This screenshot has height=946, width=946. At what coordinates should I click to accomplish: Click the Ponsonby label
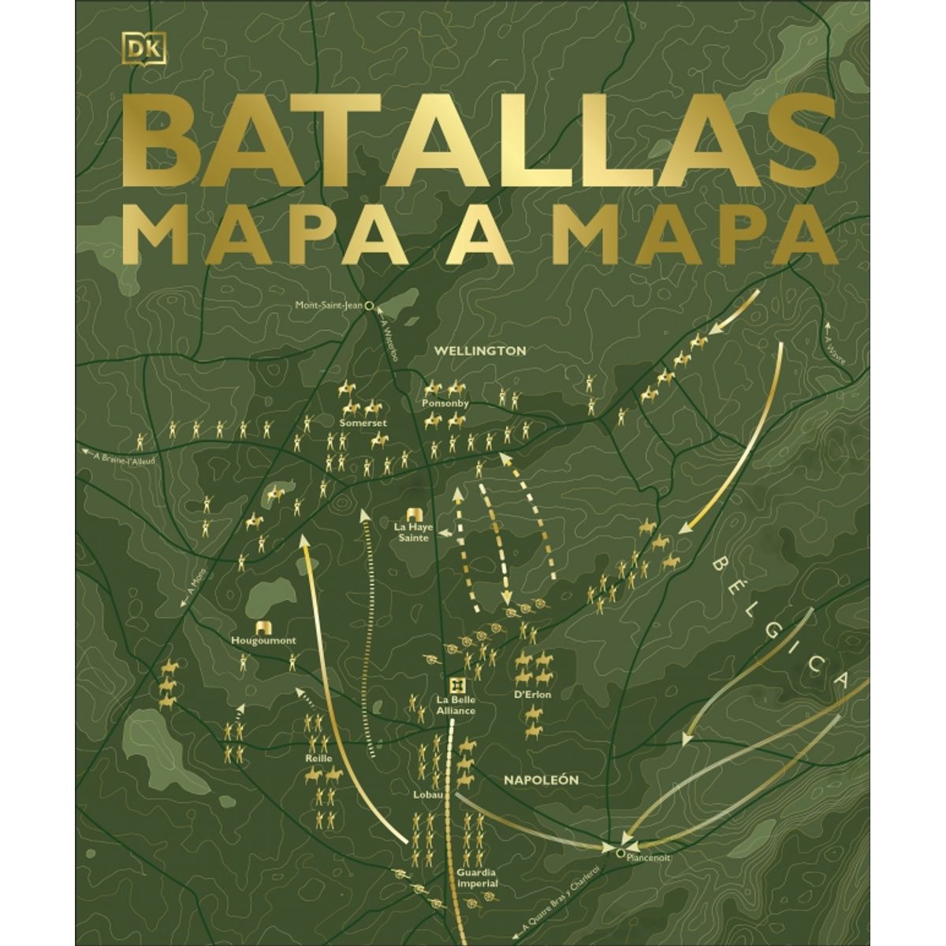pyautogui.click(x=445, y=403)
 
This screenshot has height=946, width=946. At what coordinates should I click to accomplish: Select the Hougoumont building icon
pyautogui.click(x=264, y=628)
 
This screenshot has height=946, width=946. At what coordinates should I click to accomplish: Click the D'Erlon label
pyautogui.click(x=532, y=695)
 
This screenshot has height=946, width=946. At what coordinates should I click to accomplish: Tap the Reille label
pyautogui.click(x=318, y=758)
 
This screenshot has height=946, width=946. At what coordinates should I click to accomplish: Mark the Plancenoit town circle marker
pyautogui.click(x=620, y=851)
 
